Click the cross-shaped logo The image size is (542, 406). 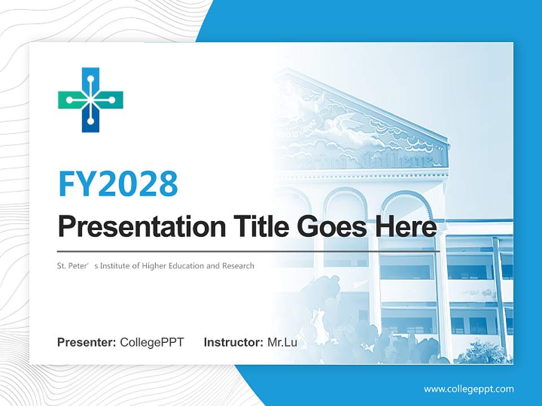[90, 100]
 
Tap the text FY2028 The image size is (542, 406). [118, 183]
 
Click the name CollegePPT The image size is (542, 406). [152, 342]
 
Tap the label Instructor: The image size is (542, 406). [233, 342]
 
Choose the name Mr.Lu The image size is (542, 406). [282, 342]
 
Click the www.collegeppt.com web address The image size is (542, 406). [469, 389]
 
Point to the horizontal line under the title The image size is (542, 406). [248, 251]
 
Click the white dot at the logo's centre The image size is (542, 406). [90, 100]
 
